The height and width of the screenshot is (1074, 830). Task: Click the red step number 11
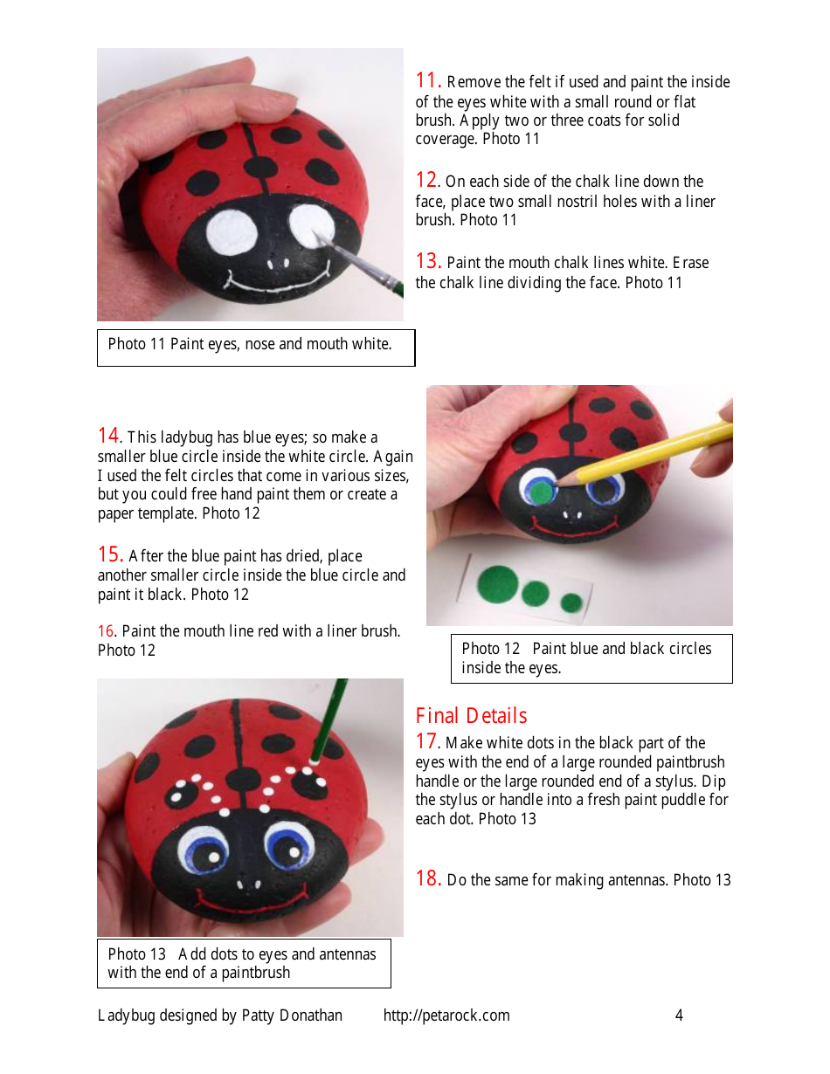click(427, 80)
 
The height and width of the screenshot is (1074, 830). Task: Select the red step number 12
click(426, 180)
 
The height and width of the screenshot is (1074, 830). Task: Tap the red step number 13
click(427, 261)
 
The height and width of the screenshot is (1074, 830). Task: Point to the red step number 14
click(109, 436)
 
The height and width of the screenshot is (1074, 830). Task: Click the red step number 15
click(109, 554)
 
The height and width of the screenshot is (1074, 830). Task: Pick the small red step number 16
click(106, 631)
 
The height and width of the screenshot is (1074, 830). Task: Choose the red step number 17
click(426, 741)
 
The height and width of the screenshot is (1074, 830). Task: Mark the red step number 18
click(427, 878)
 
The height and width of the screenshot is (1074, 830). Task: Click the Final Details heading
click(471, 716)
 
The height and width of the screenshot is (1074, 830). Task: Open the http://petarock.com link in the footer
click(446, 1015)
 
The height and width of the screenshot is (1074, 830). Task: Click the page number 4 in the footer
click(679, 1015)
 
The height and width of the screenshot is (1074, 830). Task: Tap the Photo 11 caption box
click(255, 347)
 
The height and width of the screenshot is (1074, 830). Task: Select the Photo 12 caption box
click(591, 658)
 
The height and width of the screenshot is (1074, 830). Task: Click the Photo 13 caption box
click(243, 963)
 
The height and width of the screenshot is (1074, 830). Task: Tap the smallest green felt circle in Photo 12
click(571, 602)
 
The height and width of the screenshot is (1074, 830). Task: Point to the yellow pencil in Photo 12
click(664, 451)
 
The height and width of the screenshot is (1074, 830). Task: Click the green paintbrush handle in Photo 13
click(329, 712)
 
